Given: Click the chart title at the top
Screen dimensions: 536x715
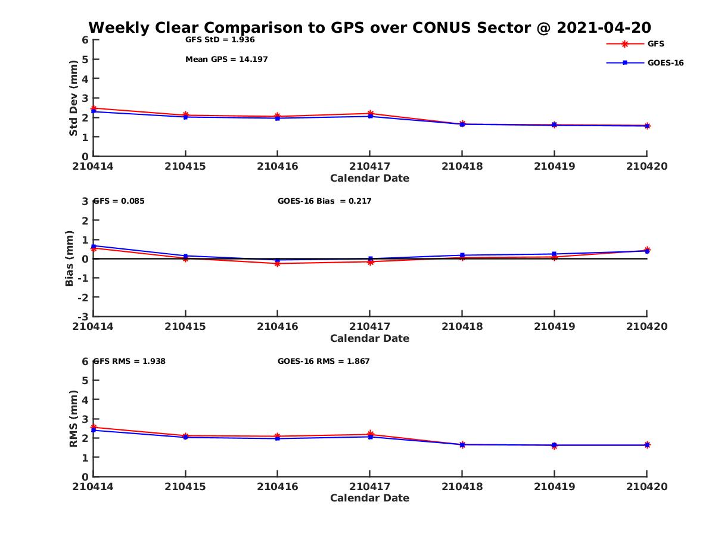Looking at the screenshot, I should click(369, 27).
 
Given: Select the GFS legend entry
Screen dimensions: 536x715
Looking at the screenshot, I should click(656, 43).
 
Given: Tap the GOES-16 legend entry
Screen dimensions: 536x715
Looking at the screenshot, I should click(665, 63).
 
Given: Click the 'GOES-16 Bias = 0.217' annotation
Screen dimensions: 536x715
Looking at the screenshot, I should click(324, 201).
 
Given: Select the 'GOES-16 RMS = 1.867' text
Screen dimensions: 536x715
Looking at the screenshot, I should click(324, 361).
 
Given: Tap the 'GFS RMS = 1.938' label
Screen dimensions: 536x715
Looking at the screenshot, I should click(129, 361).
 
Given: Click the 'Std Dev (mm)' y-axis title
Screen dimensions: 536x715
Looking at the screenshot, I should click(73, 98).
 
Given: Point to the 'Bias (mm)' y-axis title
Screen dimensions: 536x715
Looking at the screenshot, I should click(70, 258).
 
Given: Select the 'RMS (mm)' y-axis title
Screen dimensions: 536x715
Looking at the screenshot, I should click(73, 419).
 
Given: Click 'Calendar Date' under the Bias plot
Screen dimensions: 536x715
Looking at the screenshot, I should click(369, 338).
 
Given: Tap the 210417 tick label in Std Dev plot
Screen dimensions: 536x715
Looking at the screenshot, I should click(369, 166).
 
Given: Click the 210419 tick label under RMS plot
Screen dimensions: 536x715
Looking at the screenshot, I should click(554, 487).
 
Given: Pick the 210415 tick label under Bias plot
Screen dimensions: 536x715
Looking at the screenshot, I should click(185, 326).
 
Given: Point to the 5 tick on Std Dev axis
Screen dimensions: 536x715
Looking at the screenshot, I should click(85, 59).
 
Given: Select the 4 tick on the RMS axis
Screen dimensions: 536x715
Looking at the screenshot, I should click(85, 400).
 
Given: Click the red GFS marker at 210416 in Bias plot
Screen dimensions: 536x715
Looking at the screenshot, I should click(278, 263).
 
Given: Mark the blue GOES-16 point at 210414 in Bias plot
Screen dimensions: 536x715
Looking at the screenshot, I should click(94, 245).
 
